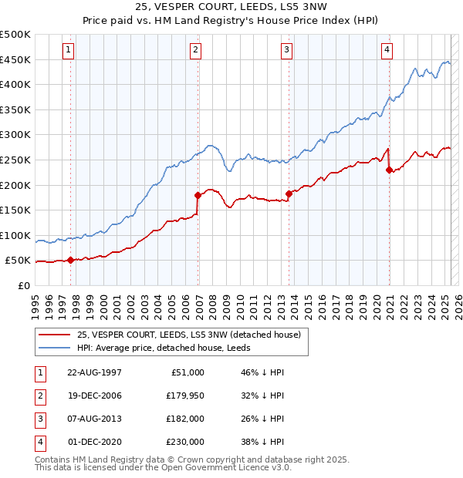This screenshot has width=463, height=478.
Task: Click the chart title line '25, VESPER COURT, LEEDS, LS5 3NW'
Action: pyautogui.click(x=231, y=8)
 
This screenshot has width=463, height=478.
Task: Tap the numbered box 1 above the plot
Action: pyautogui.click(x=69, y=51)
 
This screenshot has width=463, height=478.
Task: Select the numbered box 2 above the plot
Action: pyautogui.click(x=196, y=51)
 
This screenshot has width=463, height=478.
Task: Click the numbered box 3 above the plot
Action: pyautogui.click(x=286, y=51)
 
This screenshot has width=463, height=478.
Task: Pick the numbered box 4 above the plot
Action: pyautogui.click(x=387, y=51)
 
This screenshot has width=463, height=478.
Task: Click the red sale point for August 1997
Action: pyautogui.click(x=71, y=260)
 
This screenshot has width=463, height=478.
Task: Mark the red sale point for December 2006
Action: pyautogui.click(x=198, y=195)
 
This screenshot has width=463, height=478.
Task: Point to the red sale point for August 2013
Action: pyautogui.click(x=289, y=194)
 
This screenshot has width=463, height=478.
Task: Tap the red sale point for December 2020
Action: pyautogui.click(x=389, y=170)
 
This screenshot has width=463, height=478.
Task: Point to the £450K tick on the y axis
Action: pyautogui.click(x=15, y=59)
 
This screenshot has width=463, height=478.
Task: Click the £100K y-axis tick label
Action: pyautogui.click(x=15, y=235)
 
